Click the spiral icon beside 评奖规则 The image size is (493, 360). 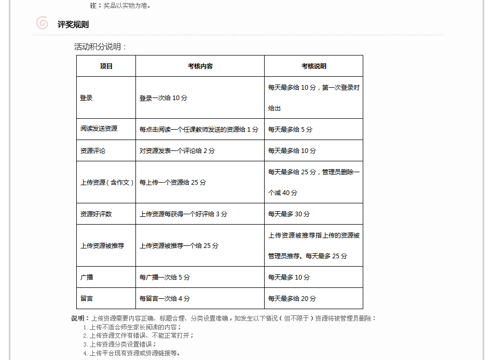point(42,23)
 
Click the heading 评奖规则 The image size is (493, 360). point(73,24)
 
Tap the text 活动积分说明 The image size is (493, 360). point(100,47)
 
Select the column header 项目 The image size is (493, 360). point(106,66)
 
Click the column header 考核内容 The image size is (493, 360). point(200,66)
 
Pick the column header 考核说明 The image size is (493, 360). point(314,66)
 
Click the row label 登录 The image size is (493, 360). point(87,98)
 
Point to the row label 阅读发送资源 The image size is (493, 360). point(99,129)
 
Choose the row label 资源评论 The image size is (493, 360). point(93,150)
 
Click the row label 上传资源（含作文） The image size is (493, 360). point(107,182)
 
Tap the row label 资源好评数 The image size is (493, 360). point(96,214)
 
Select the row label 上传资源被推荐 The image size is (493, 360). point(102,245)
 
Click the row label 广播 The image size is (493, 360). point(87,277)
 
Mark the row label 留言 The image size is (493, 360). point(87,298)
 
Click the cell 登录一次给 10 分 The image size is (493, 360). point(163,98)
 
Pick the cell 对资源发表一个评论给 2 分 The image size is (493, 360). point(177,151)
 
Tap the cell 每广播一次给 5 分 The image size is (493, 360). point(165,278)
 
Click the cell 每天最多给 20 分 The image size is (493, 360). point(292,299)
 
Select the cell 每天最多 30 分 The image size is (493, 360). point(289,214)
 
